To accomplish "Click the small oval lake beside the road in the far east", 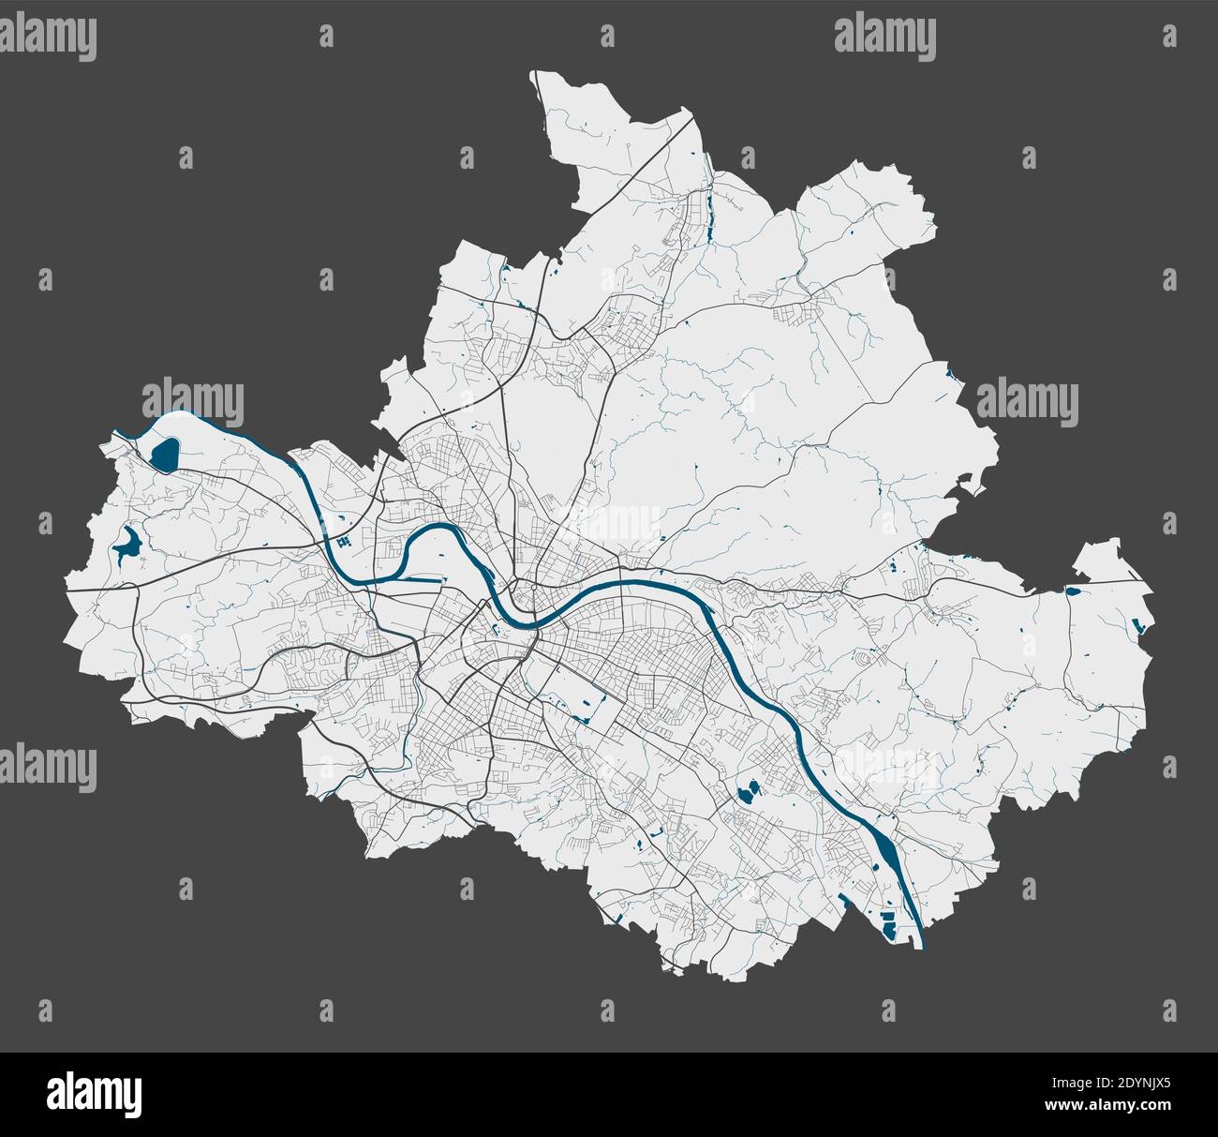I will tap(1073, 591).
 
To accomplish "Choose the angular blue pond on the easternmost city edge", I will tap(1139, 626).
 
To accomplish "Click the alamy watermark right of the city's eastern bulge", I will tap(1028, 401).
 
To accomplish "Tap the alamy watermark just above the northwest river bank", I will tap(193, 401).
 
